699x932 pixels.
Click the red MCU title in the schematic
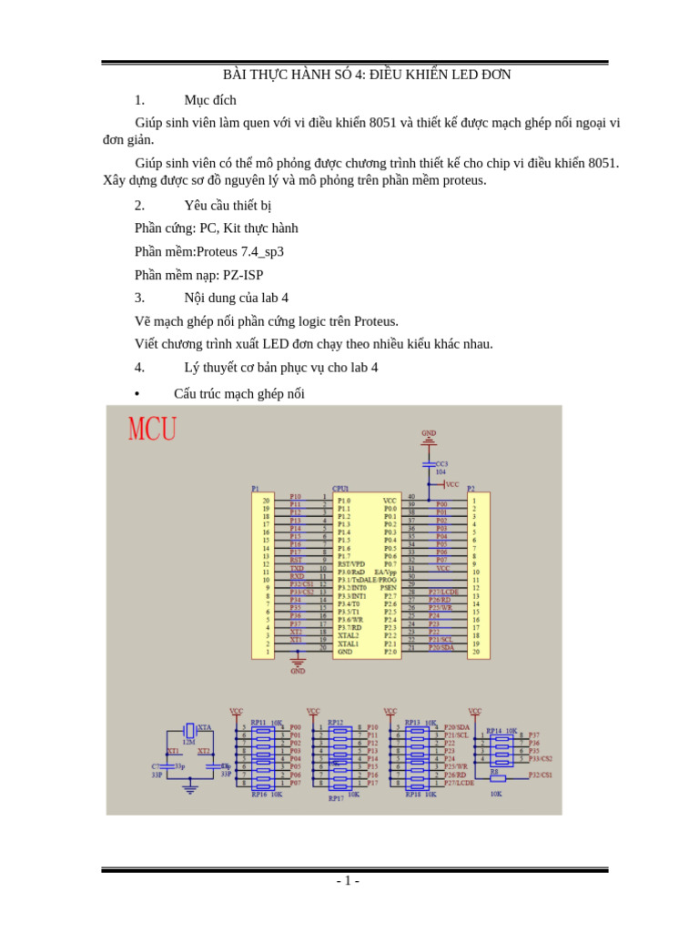click(153, 428)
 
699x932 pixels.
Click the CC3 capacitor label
click(441, 463)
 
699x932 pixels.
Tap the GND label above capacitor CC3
click(429, 433)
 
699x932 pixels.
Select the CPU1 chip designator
click(340, 488)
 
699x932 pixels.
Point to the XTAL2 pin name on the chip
click(348, 635)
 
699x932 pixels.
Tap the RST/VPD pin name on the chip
click(351, 563)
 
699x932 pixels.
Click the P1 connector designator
click(256, 488)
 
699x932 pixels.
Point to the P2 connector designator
click(471, 488)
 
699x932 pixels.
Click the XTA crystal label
click(204, 727)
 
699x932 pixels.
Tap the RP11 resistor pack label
click(258, 722)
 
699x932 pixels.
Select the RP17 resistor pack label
click(336, 798)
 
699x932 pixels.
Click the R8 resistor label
click(495, 771)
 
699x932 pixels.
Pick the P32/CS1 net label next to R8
click(541, 775)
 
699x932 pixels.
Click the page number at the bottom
click(348, 881)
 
